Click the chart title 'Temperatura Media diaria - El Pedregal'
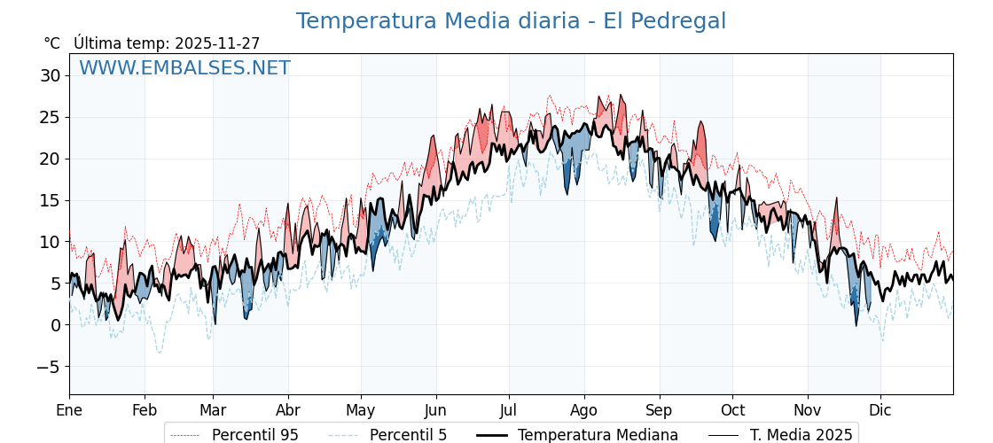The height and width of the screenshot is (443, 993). pos(511,21)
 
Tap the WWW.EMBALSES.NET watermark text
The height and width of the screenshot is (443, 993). pos(184,68)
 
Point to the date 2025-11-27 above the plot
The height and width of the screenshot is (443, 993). pos(217,43)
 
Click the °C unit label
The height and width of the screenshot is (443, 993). pos(51,43)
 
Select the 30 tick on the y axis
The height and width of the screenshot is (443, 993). pos(50,76)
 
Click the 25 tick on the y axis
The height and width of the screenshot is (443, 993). pos(50,117)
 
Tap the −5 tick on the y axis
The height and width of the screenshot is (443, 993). pos(48,367)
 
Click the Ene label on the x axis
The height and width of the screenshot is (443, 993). pos(69,410)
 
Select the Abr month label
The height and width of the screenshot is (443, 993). pos(288,410)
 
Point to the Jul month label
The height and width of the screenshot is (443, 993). pos(509,410)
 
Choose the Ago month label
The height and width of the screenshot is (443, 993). pos(584,410)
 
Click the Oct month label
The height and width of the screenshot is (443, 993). pos(732,410)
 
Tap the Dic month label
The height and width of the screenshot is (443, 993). pos(880,410)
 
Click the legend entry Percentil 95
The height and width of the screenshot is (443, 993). pos(254,435)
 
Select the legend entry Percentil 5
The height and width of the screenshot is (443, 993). pos(408,435)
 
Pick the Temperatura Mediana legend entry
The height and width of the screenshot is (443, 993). pos(598,435)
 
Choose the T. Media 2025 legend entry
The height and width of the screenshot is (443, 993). pos(801,435)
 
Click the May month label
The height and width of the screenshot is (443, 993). pos(361,410)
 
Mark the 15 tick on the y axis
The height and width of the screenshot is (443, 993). pos(50,200)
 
